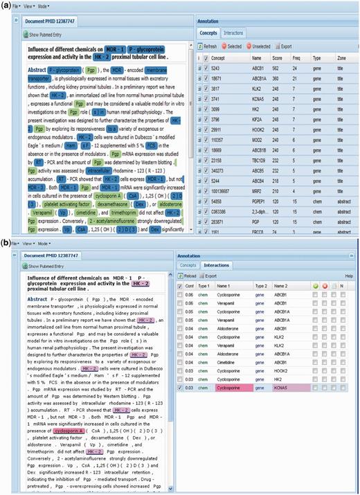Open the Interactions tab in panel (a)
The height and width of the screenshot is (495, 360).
[x=233, y=33]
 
